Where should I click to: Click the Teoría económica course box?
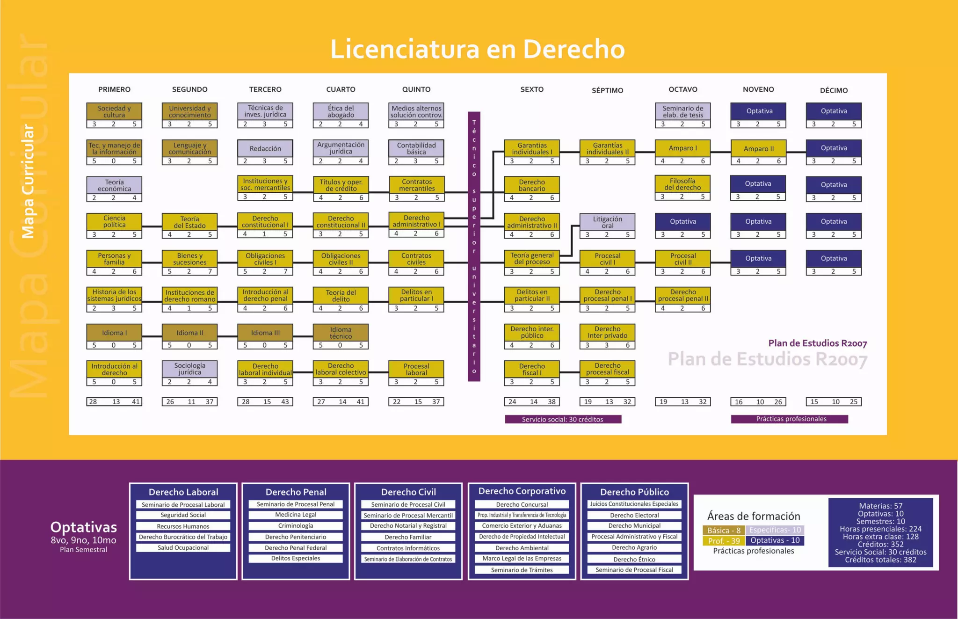pyautogui.click(x=114, y=185)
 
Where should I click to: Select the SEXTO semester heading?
pyautogui.click(x=532, y=89)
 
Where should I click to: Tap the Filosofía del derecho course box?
pyautogui.click(x=682, y=184)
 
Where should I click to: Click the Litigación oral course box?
pyautogui.click(x=607, y=222)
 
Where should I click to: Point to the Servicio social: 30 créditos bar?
pyautogui.click(x=563, y=419)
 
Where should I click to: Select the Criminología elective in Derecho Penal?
pyautogui.click(x=296, y=526)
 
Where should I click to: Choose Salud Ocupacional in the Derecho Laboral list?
pyautogui.click(x=183, y=547)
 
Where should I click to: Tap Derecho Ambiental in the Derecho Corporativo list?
pyautogui.click(x=522, y=548)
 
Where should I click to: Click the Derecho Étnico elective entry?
pyautogui.click(x=634, y=559)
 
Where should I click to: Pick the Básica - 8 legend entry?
pyautogui.click(x=724, y=530)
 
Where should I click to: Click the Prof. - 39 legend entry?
pyautogui.click(x=724, y=541)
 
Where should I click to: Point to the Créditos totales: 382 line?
pyautogui.click(x=880, y=560)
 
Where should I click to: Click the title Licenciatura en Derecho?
pyautogui.click(x=478, y=49)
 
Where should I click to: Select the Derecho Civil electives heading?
pyautogui.click(x=408, y=492)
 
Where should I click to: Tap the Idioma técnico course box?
pyautogui.click(x=341, y=333)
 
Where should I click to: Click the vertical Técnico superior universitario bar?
pyautogui.click(x=474, y=247)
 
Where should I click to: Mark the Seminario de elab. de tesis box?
pyautogui.click(x=682, y=111)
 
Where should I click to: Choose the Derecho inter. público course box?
pyautogui.click(x=532, y=332)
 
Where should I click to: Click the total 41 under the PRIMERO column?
pyautogui.click(x=136, y=401)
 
